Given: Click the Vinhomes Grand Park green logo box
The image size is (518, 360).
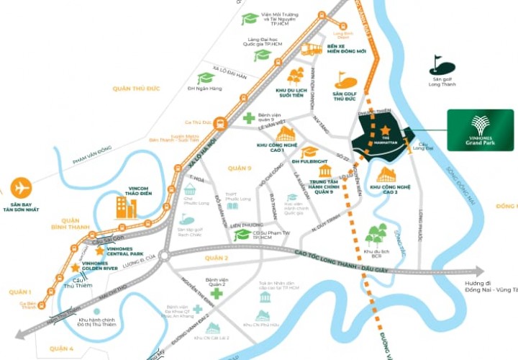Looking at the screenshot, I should [480, 130].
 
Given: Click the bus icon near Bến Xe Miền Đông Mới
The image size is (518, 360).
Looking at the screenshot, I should [311, 49].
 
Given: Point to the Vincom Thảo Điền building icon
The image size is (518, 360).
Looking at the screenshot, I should [127, 207].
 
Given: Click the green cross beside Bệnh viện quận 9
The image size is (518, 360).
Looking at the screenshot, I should [248, 118].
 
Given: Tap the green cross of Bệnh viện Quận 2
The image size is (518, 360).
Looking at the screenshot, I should [216, 294].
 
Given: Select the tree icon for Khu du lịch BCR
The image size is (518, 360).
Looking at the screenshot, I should [375, 234].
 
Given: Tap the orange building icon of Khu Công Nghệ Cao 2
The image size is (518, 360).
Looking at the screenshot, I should [386, 174].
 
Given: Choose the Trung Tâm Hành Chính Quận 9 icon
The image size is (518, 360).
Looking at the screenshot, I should [324, 171].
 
